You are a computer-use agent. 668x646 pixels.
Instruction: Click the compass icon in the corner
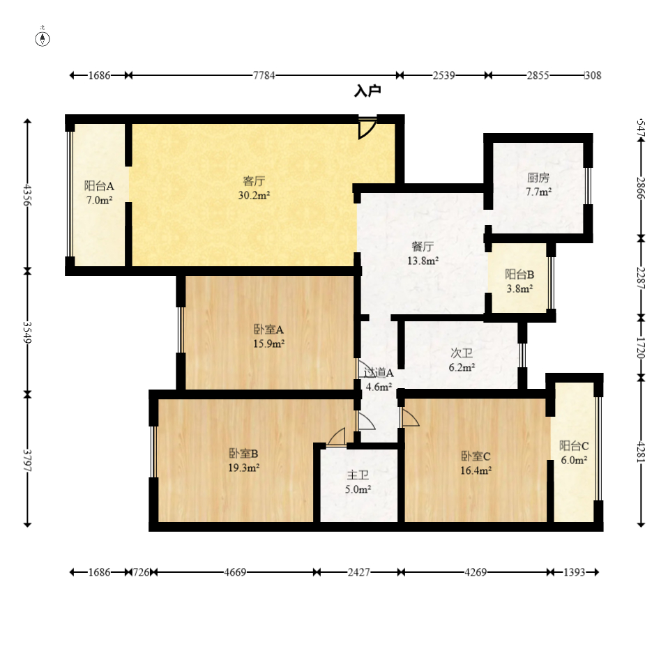click(43, 38)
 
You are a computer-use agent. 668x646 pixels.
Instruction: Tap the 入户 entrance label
click(367, 91)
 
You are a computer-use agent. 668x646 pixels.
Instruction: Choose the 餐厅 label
click(423, 247)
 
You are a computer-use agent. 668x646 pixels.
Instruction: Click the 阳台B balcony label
click(519, 274)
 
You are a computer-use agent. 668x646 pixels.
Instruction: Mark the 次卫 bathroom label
click(462, 353)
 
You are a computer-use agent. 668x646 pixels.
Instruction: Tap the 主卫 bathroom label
click(358, 475)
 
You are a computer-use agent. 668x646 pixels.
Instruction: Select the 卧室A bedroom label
click(268, 330)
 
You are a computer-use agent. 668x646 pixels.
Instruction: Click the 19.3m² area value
click(244, 468)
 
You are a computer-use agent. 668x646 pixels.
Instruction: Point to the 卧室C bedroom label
click(476, 456)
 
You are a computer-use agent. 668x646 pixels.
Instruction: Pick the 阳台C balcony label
click(575, 445)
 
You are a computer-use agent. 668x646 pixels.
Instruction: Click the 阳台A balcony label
click(98, 186)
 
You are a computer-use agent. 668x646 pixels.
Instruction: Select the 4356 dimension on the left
click(27, 195)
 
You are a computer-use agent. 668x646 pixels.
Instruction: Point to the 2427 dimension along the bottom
click(358, 572)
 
